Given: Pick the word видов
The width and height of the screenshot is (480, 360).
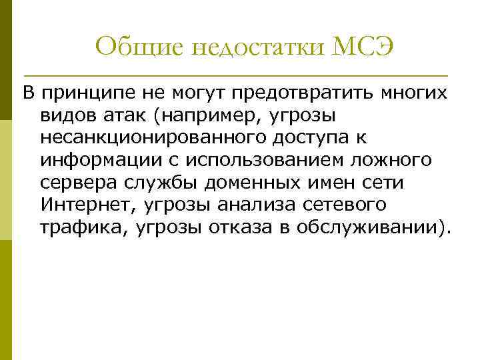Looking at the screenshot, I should [x=65, y=116].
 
